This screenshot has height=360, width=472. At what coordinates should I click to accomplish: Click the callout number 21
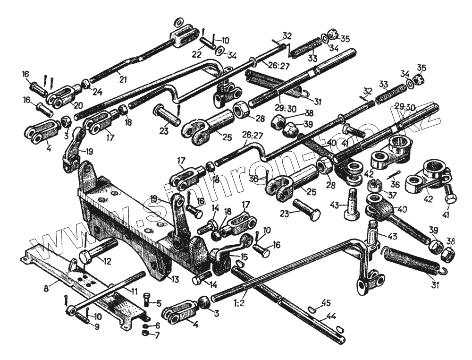123,80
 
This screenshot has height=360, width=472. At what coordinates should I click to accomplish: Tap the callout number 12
107,260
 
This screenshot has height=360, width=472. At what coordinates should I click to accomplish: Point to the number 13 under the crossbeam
175,280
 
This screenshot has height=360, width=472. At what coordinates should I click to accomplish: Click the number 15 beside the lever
244,257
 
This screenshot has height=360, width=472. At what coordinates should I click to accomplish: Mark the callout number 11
134,292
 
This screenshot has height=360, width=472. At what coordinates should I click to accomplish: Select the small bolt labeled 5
146,300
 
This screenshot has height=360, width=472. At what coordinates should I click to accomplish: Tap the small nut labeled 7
146,334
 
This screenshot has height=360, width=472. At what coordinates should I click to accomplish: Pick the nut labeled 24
86,85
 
